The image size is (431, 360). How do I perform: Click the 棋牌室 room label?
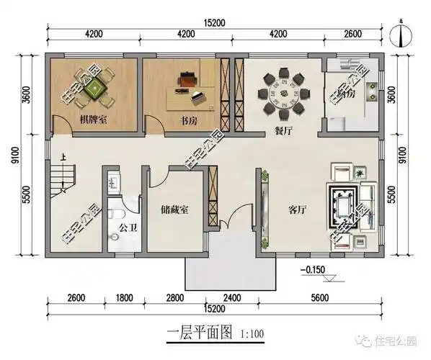(x=94, y=120)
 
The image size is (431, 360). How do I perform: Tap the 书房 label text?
(x=188, y=121)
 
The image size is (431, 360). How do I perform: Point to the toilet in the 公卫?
(x=118, y=213)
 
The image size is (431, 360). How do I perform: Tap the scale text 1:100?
(x=248, y=333)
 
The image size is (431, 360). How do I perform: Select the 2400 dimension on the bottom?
(x=231, y=297)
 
